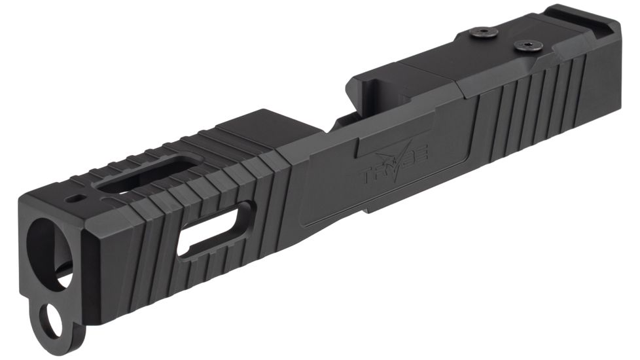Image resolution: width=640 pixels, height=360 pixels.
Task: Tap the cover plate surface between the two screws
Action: pyautogui.click(x=504, y=39)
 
